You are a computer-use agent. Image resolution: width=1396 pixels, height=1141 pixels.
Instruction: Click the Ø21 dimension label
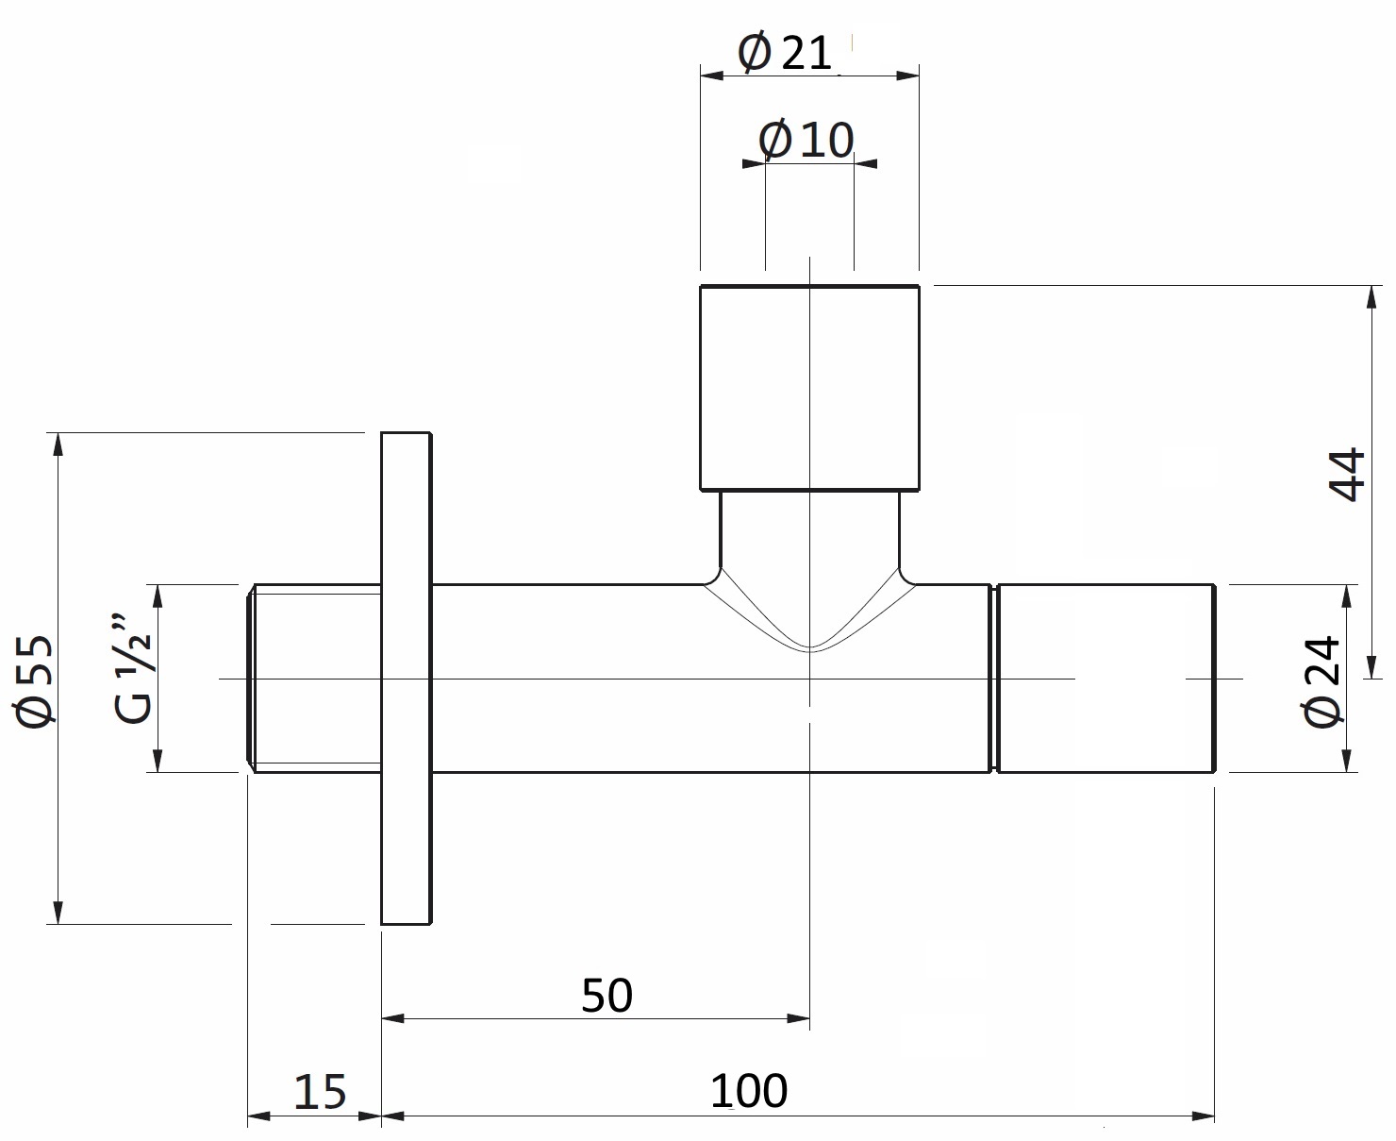[785, 53]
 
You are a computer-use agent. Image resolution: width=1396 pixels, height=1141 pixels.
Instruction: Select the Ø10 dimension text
[806, 141]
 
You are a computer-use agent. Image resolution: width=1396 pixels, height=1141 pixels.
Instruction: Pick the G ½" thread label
[135, 670]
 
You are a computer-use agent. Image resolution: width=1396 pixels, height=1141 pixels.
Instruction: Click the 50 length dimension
[607, 996]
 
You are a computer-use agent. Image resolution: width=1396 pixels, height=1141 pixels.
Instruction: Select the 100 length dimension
[748, 1091]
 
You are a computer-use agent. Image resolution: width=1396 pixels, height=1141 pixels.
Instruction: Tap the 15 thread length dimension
[320, 1092]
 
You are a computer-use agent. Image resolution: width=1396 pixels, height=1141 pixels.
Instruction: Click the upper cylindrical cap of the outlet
[809, 387]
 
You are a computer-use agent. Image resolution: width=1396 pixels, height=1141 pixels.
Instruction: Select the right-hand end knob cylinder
[1105, 678]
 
